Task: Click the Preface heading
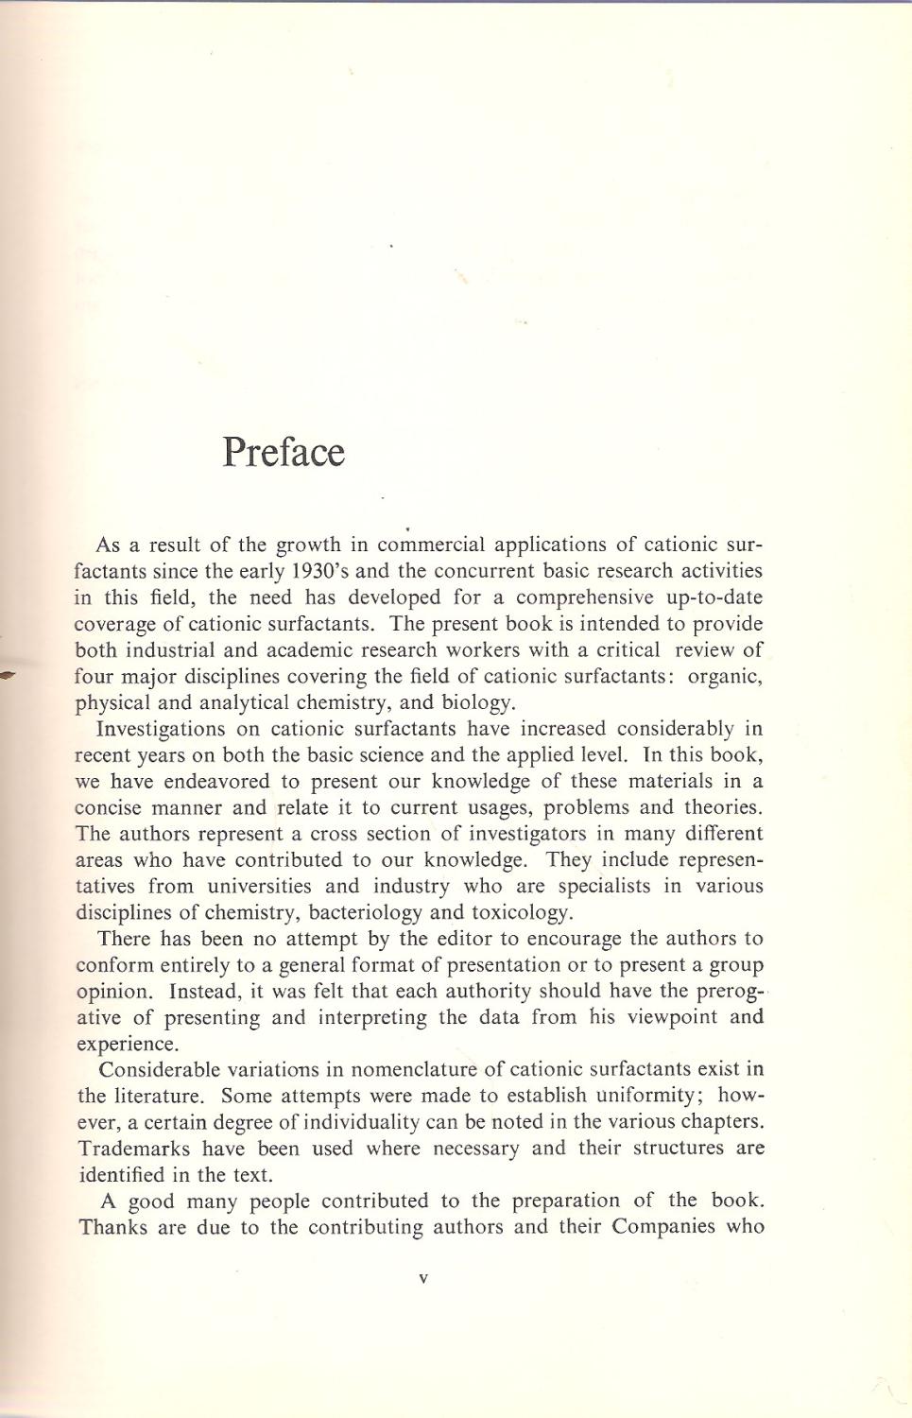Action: tap(284, 453)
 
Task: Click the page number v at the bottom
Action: tap(423, 1279)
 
